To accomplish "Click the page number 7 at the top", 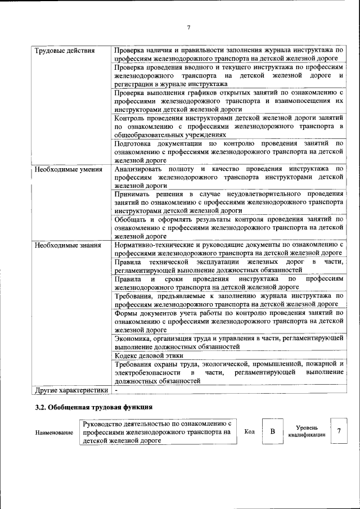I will tap(189, 28).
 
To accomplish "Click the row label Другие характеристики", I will tap(71, 389).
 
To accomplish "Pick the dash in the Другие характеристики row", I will tap(116, 389).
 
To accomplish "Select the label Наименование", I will tap(54, 433).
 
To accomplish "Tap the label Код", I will tap(249, 432).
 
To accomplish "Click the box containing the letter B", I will tap(272, 432).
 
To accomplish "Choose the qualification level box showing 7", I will tap(339, 432).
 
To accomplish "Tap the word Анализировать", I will tap(139, 169).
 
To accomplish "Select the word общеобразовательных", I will tap(148, 135).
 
